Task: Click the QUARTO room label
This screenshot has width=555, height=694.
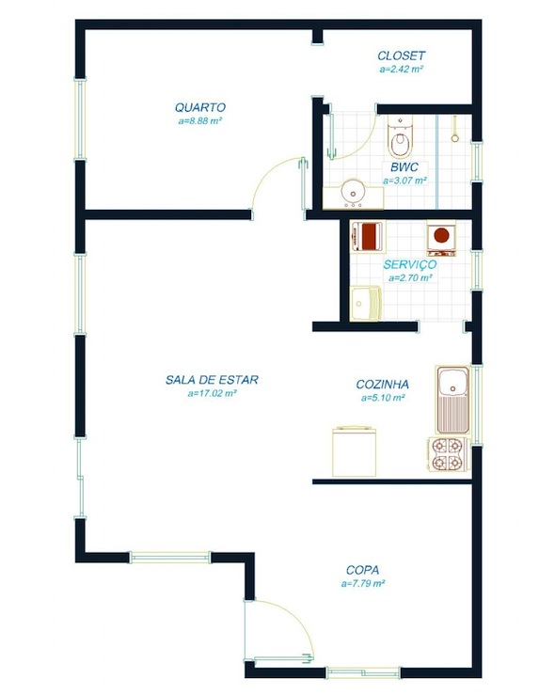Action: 200,107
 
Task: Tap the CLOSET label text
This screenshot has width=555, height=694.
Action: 402,56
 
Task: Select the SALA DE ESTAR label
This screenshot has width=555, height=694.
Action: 212,381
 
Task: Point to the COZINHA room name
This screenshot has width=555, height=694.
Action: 383,385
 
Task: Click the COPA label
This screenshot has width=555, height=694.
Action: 363,570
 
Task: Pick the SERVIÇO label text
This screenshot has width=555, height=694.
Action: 409,265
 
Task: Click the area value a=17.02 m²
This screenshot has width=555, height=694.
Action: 212,395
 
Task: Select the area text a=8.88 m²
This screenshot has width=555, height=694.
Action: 200,121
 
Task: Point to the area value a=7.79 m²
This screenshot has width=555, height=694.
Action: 363,584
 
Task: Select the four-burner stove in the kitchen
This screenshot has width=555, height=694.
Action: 448,454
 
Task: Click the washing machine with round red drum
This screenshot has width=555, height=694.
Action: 440,238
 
